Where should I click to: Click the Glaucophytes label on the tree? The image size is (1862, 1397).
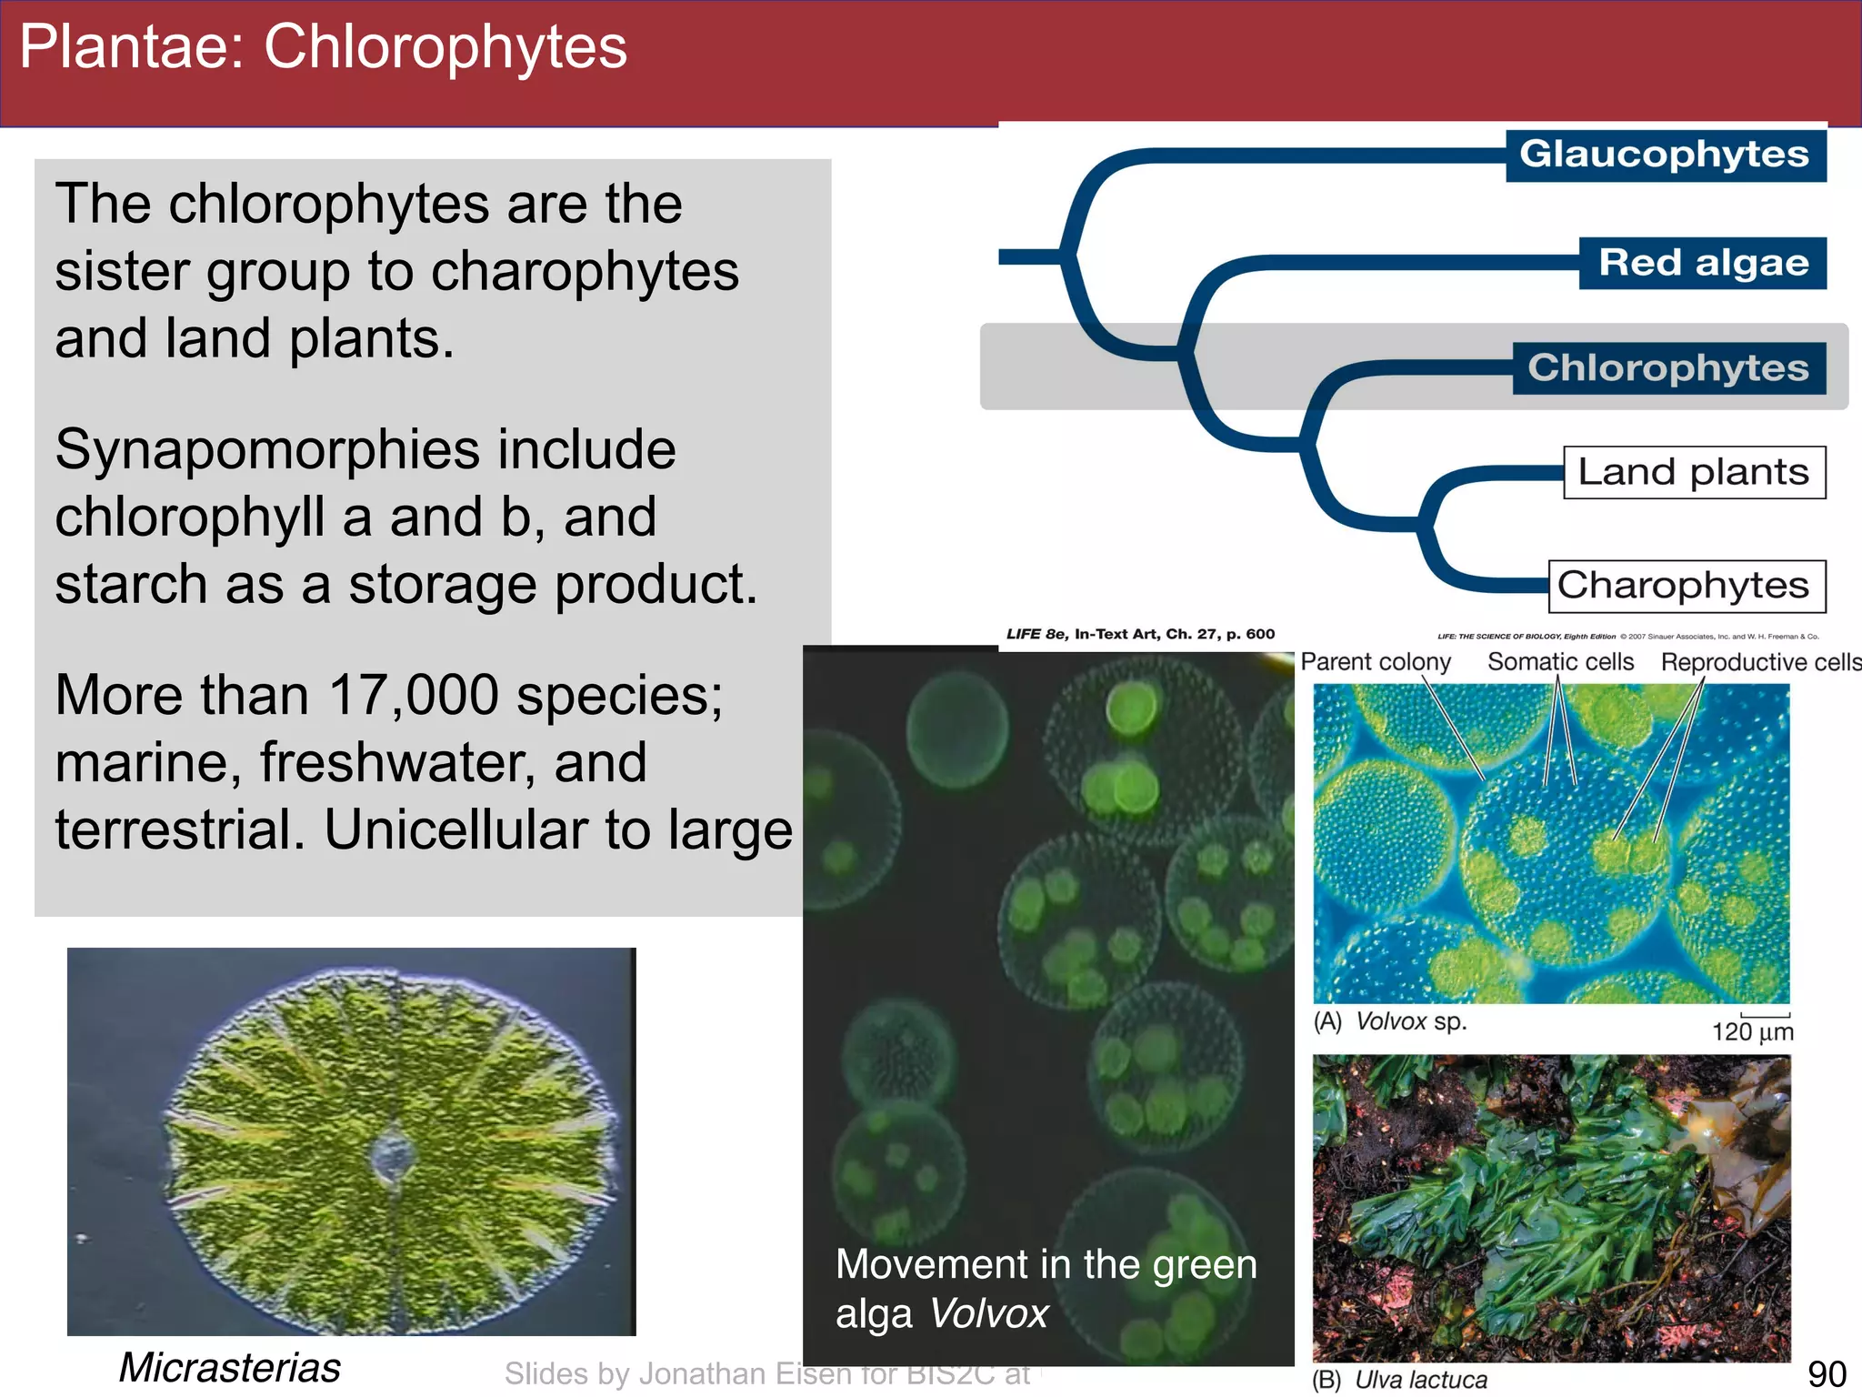click(x=1665, y=155)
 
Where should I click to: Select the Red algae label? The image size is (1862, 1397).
click(x=1703, y=263)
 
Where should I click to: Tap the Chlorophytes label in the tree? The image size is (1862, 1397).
click(x=1668, y=367)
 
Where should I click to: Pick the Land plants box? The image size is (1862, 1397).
click(x=1693, y=472)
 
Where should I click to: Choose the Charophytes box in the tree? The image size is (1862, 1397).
click(x=1684, y=586)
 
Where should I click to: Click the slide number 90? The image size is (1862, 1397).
click(x=1826, y=1373)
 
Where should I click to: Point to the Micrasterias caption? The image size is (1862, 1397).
click(x=230, y=1367)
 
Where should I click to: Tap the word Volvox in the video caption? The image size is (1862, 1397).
click(x=989, y=1313)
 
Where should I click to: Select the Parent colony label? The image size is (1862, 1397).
click(x=1375, y=661)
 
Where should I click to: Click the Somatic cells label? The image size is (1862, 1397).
click(x=1560, y=661)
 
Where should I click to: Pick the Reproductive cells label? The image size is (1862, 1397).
click(x=1759, y=662)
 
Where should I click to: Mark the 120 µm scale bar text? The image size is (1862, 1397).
click(x=1752, y=1031)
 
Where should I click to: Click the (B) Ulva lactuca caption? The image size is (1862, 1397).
click(x=1400, y=1379)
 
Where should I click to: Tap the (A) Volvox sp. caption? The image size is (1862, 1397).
click(x=1390, y=1021)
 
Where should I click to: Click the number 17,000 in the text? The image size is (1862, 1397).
click(x=413, y=695)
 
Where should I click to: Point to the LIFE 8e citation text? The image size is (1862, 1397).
click(x=1140, y=634)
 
